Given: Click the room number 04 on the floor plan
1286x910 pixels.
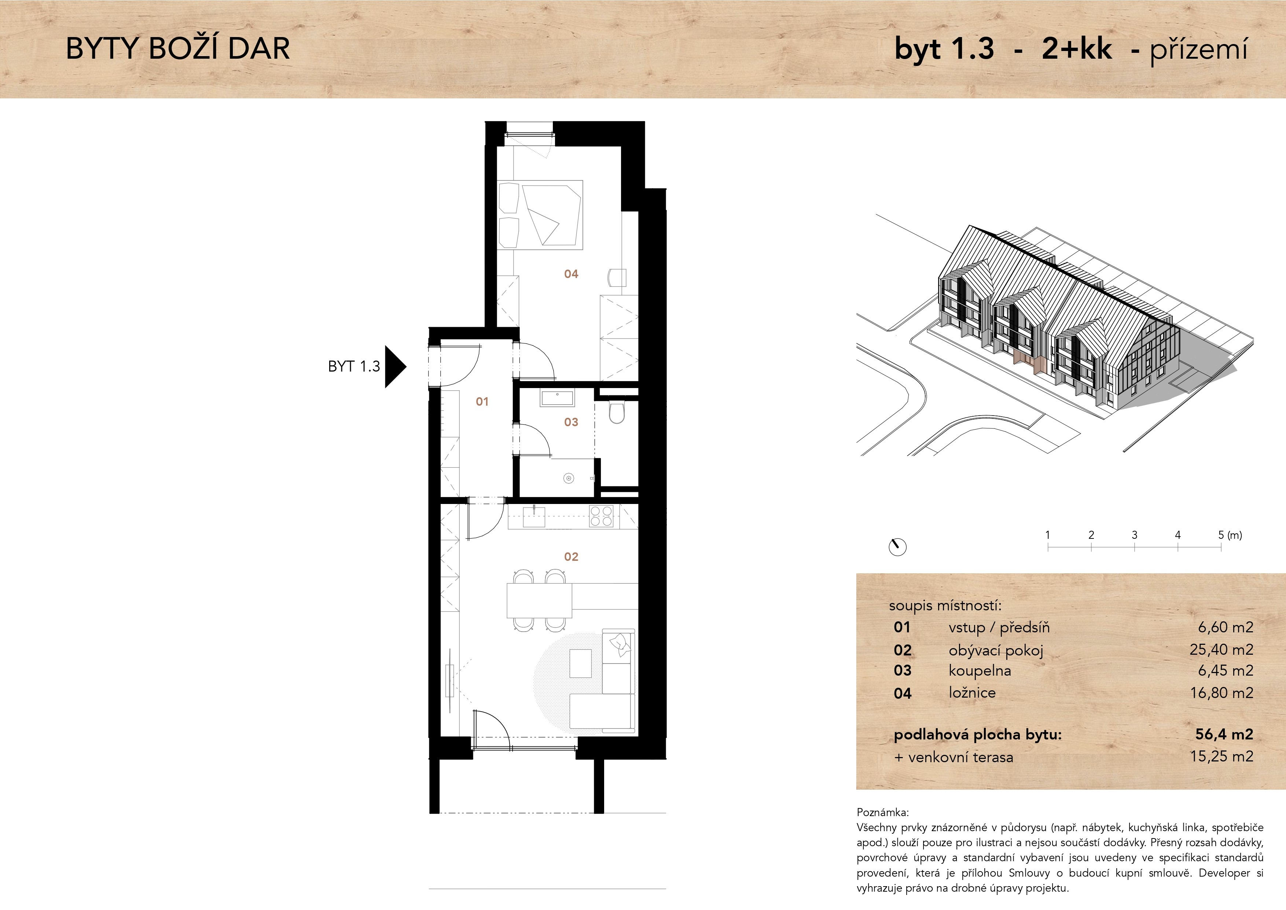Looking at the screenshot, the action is [571, 274].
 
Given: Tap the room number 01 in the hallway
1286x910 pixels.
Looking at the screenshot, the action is [482, 402].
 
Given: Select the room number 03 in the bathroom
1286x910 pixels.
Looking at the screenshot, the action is [571, 422].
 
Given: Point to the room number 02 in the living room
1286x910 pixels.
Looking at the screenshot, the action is [571, 556].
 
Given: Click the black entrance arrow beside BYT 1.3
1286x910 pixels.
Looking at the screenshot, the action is [395, 366].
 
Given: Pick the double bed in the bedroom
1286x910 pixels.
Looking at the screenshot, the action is [540, 215].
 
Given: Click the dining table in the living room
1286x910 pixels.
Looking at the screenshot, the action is [539, 600].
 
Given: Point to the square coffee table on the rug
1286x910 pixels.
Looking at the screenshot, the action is [580, 663].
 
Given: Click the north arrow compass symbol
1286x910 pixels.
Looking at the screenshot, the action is [897, 547].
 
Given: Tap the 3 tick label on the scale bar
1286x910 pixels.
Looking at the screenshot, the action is [1134, 535].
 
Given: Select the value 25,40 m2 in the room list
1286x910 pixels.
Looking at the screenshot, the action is [1221, 650].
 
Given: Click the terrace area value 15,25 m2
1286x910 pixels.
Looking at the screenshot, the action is [1221, 756].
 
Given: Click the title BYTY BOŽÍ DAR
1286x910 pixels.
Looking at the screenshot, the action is [178, 49].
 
